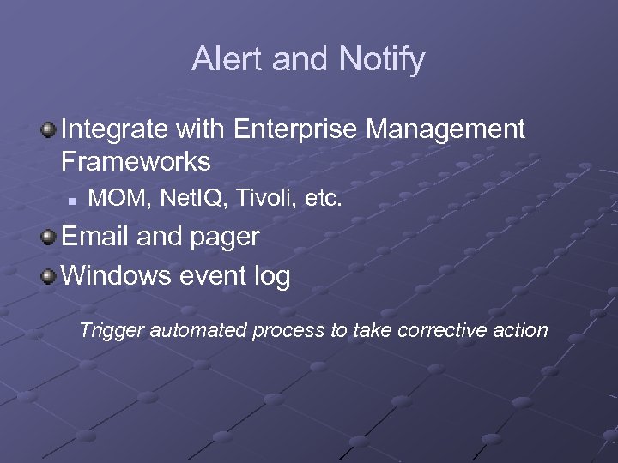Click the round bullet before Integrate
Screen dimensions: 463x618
(48, 129)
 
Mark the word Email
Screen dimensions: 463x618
(96, 237)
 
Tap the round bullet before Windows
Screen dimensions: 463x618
(48, 276)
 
